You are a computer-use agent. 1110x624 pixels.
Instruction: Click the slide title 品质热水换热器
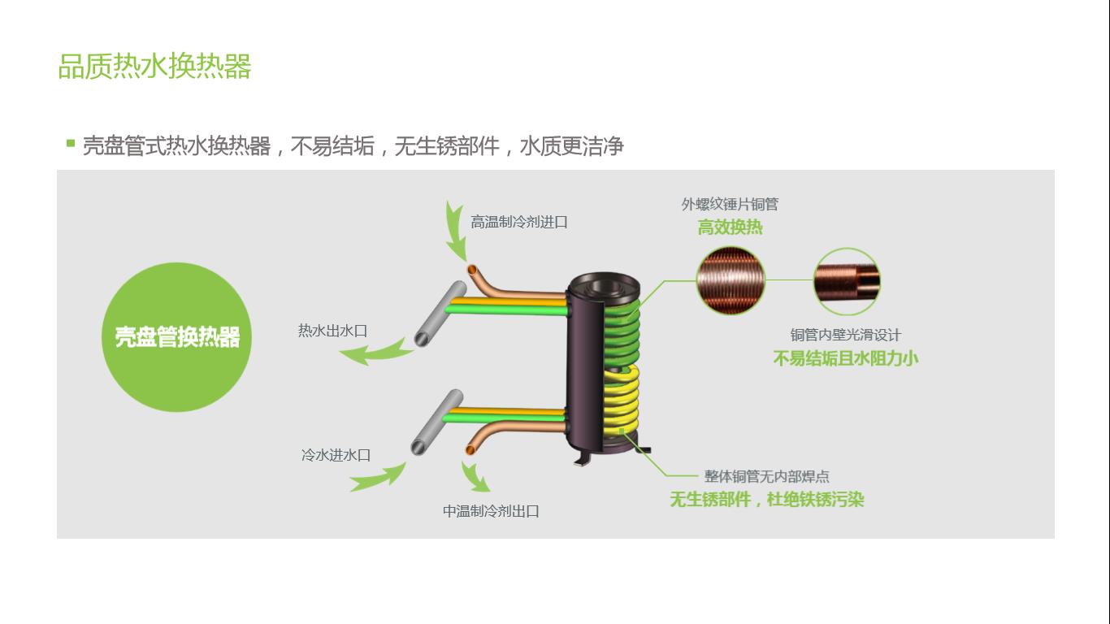[154, 67]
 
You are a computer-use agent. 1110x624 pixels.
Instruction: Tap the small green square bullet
[71, 144]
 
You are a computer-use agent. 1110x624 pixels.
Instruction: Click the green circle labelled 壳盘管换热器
[177, 336]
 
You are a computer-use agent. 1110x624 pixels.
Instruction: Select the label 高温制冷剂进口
[518, 222]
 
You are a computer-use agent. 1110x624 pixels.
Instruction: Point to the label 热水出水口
[332, 331]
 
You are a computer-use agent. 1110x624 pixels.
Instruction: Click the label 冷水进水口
[336, 455]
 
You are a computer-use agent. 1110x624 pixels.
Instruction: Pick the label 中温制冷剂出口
[491, 511]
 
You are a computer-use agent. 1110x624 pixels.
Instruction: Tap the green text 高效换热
[730, 227]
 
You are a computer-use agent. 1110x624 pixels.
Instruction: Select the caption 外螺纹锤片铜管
[729, 205]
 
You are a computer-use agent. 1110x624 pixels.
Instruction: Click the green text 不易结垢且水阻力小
[845, 358]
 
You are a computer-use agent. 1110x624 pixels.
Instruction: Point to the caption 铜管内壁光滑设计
[845, 335]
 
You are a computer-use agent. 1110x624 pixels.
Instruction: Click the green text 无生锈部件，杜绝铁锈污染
[766, 500]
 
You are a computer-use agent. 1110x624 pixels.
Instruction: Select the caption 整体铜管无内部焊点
[766, 477]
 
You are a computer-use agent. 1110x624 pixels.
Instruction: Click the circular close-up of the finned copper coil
[731, 280]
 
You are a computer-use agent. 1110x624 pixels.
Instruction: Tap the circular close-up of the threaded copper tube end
[847, 282]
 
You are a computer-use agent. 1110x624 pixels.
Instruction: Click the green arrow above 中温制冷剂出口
[475, 479]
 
